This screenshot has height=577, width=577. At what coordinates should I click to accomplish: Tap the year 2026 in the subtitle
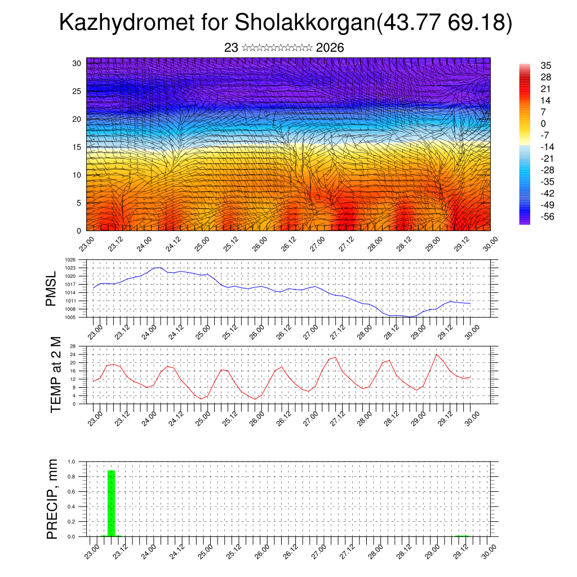coord(330,48)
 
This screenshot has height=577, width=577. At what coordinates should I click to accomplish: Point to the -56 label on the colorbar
coord(547,217)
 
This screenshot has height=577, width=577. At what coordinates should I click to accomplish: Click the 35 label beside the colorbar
coord(545,65)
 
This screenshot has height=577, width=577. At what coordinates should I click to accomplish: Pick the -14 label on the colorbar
coord(547,147)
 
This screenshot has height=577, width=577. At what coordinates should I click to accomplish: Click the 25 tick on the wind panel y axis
coord(77,91)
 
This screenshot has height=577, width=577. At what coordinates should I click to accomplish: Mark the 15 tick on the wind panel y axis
coord(77,147)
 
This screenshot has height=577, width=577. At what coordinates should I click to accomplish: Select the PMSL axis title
coord(51,288)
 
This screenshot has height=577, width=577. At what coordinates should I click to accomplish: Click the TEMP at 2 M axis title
coord(55,375)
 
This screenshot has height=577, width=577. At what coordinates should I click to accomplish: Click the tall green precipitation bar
coord(111,503)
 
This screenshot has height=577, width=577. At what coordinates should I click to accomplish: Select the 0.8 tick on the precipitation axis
coord(72,477)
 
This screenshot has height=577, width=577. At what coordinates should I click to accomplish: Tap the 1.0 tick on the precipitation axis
coord(72,461)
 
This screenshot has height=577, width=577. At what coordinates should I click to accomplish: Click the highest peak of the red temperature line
coord(437,354)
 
